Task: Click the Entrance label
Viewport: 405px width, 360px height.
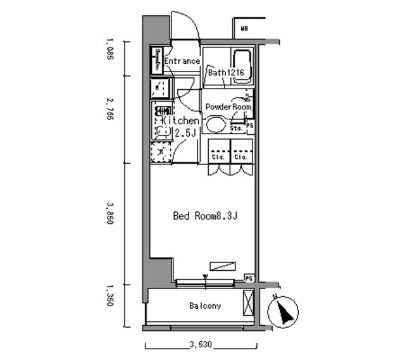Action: click(x=182, y=61)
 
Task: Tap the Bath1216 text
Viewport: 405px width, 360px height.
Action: click(x=226, y=73)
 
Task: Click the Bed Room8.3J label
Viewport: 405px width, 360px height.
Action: click(x=205, y=216)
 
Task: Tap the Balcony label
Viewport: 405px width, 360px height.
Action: click(x=205, y=306)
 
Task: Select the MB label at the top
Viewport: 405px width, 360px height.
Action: click(x=244, y=28)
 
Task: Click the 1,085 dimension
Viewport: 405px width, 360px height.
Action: click(x=110, y=50)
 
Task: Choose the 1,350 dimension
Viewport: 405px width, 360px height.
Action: click(x=110, y=295)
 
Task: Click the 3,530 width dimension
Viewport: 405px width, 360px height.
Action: click(x=201, y=345)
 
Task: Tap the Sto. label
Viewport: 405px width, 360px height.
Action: click(x=237, y=128)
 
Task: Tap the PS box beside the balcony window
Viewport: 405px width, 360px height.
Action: click(x=249, y=278)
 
